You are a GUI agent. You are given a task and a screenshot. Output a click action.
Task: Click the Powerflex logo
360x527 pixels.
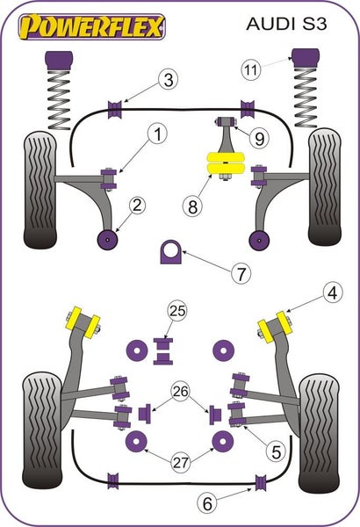tap(92, 27)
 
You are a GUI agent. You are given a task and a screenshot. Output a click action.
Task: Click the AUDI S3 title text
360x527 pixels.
tap(286, 24)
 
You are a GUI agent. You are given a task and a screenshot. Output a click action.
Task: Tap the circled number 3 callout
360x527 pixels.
tap(169, 80)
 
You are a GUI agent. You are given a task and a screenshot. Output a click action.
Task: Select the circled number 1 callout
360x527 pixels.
tap(158, 134)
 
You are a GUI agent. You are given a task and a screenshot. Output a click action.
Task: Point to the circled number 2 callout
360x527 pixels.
tap(138, 205)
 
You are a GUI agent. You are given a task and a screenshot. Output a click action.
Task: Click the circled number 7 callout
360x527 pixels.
tap(241, 273)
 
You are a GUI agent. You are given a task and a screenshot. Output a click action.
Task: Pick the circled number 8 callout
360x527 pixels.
tap(192, 206)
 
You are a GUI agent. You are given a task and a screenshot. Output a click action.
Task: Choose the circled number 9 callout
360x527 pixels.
tap(259, 139)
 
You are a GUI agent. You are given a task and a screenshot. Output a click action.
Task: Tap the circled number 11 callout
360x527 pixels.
tap(251, 70)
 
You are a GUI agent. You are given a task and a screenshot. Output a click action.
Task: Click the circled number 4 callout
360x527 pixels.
tap(333, 293)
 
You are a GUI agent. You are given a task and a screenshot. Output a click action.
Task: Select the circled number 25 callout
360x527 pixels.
tap(177, 311)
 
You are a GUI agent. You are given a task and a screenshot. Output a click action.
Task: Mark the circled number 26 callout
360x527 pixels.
tap(180, 391)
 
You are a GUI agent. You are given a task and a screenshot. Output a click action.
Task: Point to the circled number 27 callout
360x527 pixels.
tap(181, 463)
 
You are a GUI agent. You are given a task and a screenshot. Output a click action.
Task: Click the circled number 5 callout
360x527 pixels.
tap(276, 451)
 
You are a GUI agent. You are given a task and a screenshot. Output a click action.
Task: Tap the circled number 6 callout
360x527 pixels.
tap(207, 503)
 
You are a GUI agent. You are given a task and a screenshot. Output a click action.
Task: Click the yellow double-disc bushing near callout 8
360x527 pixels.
tap(226, 164)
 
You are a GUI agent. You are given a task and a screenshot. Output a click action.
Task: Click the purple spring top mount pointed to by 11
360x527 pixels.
tap(306, 59)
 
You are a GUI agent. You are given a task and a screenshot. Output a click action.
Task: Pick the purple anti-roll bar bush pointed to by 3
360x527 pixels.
tap(114, 109)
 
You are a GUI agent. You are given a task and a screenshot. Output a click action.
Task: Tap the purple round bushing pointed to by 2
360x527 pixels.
tap(107, 240)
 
